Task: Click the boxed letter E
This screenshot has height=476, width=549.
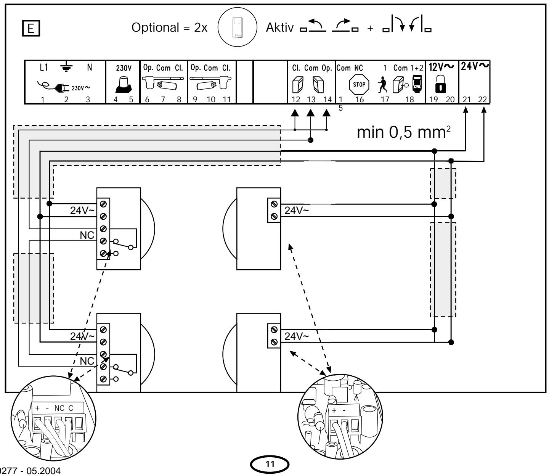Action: [31, 28]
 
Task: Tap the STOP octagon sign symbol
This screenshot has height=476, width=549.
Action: [359, 85]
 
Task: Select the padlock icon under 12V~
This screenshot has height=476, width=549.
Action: [440, 84]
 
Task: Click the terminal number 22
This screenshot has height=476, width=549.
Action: [482, 100]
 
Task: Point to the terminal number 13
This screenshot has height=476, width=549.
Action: [311, 100]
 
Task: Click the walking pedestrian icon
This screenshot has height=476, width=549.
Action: [383, 85]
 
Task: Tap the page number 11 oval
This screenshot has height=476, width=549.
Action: [270, 464]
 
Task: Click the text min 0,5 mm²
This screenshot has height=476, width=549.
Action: [403, 132]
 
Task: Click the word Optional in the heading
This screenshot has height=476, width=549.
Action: [156, 27]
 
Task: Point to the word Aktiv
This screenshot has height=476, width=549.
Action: [280, 27]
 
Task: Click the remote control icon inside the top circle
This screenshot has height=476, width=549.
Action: [237, 27]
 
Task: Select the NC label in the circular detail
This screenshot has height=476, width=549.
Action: [59, 408]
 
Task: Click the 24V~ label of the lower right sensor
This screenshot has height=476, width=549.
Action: [297, 336]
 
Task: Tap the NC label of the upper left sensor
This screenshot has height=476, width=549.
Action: [87, 235]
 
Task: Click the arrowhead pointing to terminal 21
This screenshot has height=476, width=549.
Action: [466, 109]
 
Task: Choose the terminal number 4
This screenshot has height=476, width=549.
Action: [115, 100]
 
